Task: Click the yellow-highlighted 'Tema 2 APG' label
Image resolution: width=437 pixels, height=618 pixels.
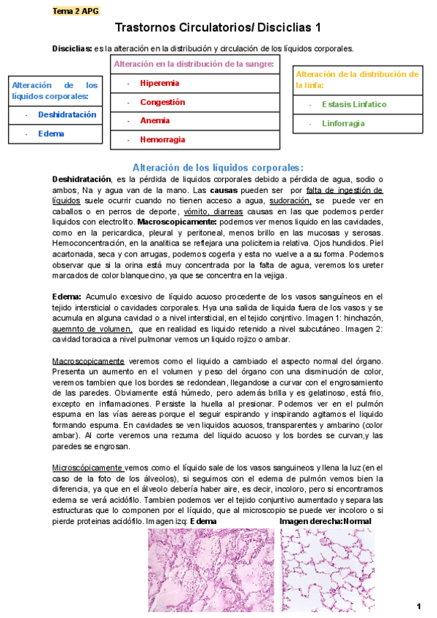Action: (76, 11)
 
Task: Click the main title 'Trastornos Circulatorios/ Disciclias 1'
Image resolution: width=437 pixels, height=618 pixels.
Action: (218, 28)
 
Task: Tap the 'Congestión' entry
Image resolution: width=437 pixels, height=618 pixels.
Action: (162, 102)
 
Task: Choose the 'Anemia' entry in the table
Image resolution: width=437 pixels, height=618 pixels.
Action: (154, 120)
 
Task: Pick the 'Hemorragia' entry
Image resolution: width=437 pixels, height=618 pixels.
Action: (162, 139)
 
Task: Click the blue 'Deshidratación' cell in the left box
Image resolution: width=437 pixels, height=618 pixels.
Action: (67, 114)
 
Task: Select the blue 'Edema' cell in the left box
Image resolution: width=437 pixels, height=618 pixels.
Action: (51, 133)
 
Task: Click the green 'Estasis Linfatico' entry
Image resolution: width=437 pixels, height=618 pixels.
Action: (354, 104)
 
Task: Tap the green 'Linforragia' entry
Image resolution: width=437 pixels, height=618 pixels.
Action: (343, 123)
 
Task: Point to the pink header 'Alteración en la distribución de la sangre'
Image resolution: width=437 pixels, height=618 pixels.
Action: (194, 65)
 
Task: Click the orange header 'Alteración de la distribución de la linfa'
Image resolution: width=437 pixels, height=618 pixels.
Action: (357, 79)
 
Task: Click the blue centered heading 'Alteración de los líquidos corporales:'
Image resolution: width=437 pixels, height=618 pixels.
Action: (218, 167)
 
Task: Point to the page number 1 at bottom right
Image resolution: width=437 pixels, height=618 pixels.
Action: (419, 606)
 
